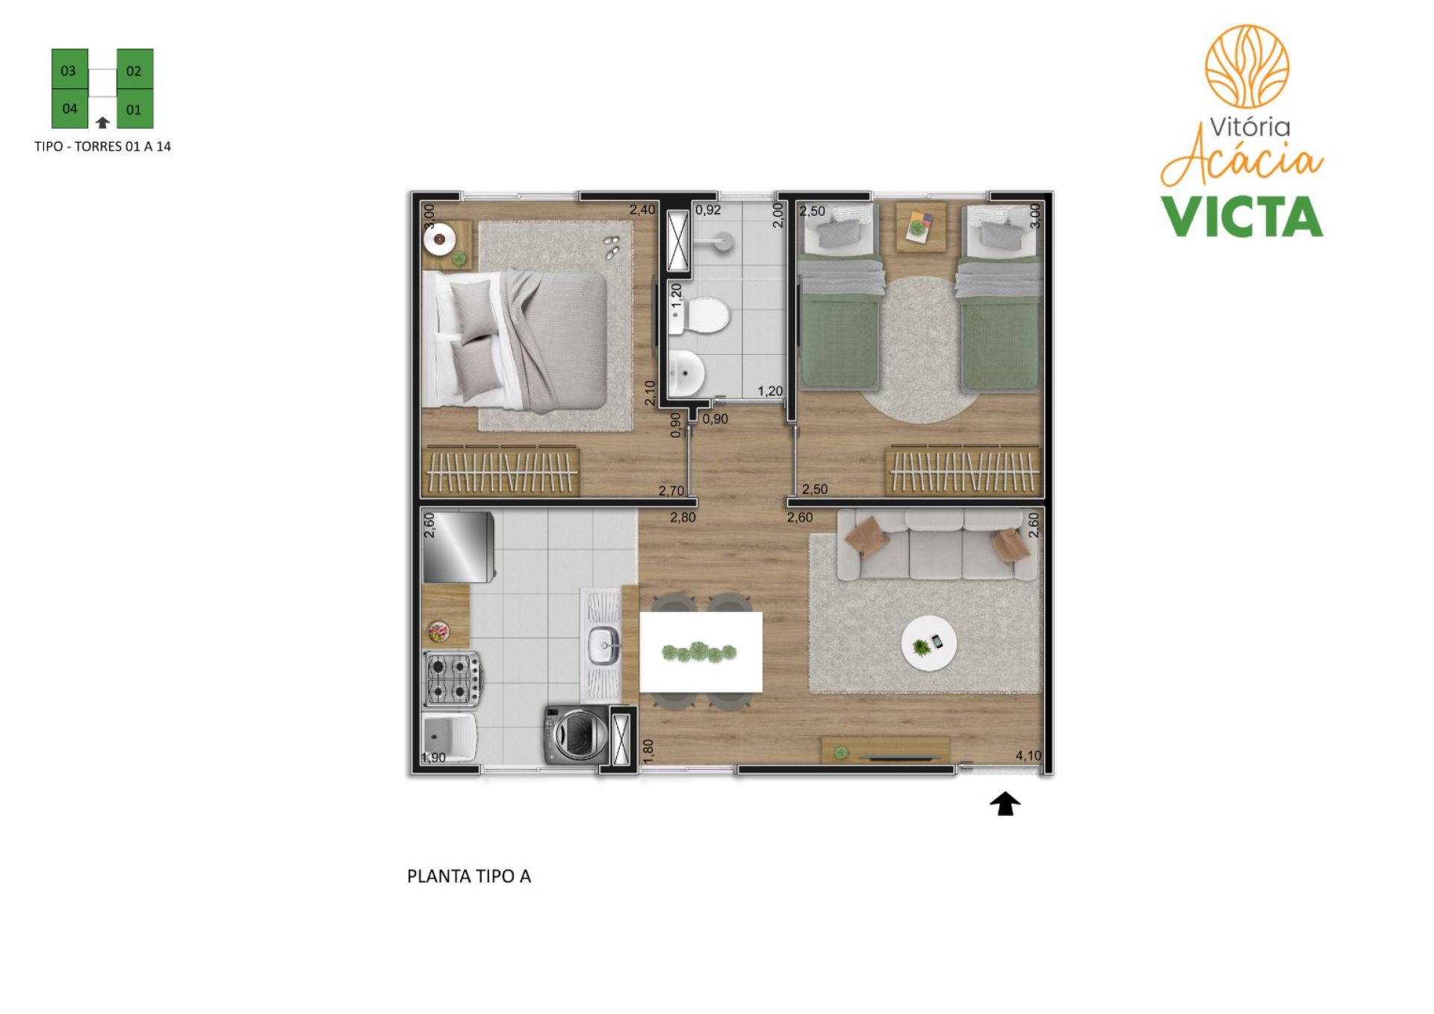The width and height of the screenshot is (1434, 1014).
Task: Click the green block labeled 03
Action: [x=69, y=69]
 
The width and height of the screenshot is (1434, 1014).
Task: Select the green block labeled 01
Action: [x=134, y=109]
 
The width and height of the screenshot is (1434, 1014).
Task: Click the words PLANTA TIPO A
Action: [x=468, y=877]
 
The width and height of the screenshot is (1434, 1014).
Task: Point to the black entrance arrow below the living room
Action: [x=1005, y=804]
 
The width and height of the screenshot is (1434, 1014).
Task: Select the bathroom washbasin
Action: [x=686, y=372]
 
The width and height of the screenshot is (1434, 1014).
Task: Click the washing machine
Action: [x=576, y=734]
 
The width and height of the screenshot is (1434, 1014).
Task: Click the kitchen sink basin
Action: [x=603, y=645]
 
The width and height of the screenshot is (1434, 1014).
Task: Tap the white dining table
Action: [x=701, y=652]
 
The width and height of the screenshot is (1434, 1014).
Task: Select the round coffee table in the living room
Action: [x=928, y=643]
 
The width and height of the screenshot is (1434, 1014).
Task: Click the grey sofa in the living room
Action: [x=937, y=545]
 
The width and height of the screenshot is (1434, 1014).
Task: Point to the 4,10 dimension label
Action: [x=1028, y=755]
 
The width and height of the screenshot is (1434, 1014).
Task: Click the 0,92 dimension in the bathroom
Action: [x=708, y=210]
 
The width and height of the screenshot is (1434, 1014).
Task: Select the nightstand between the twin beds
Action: [x=920, y=226]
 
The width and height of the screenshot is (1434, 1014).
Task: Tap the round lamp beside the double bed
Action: [x=439, y=239]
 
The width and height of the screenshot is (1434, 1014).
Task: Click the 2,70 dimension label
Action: [x=671, y=491]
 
